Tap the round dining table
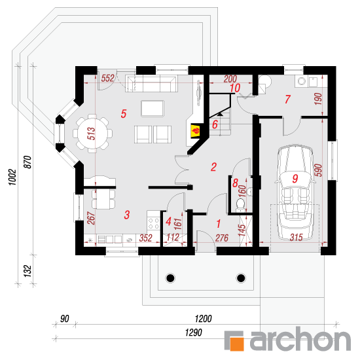pyautogui.click(x=92, y=133)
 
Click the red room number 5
pyautogui.click(x=124, y=114)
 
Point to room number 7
pyautogui.click(x=287, y=99)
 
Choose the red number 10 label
pyautogui.click(x=235, y=88)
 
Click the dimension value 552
pyautogui.click(x=107, y=78)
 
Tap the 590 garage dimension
pyautogui.click(x=318, y=170)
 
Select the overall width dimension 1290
pyautogui.click(x=194, y=333)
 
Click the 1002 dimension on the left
pyautogui.click(x=12, y=177)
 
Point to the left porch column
pyautogui.click(x=170, y=278)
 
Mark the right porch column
pyautogui.click(x=241, y=278)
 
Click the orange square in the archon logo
pyautogui.click(x=236, y=344)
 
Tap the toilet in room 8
pyautogui.click(x=240, y=204)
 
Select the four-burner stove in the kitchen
pyautogui.click(x=154, y=223)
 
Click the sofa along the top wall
pyautogui.click(x=151, y=83)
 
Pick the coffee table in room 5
pyautogui.click(x=153, y=109)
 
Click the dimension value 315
pyautogui.click(x=296, y=238)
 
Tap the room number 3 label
pyautogui.click(x=127, y=215)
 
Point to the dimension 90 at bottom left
pyautogui.click(x=65, y=319)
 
